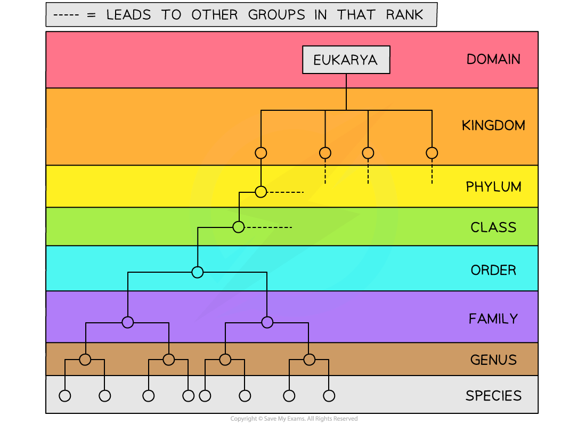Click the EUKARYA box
tap(346, 60)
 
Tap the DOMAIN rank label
tap(493, 59)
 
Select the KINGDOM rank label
tap(493, 126)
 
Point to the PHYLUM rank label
tap(493, 187)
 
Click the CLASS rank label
tap(493, 227)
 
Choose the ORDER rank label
tap(493, 270)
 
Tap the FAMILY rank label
tap(493, 319)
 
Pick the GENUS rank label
tap(493, 360)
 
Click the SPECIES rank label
tap(493, 396)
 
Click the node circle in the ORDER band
tap(198, 272)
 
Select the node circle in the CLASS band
tap(239, 227)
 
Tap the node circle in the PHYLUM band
tap(261, 192)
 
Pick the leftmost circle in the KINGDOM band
tap(261, 153)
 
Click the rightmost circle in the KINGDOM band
tap(432, 153)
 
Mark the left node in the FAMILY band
tap(127, 322)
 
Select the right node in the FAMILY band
tap(267, 322)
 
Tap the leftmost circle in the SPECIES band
tap(65, 396)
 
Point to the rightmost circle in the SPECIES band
tap(329, 396)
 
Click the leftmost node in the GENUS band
tap(85, 360)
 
